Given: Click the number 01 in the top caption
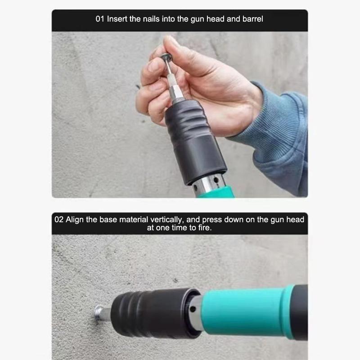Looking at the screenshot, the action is tap(100, 19).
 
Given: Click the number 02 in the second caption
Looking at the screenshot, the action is tap(59, 220).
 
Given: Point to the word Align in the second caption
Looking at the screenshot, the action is tap(75, 220).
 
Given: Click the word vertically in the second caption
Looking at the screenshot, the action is tap(166, 220).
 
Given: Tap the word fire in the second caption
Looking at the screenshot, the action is tap(205, 228).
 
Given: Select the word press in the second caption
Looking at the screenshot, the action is tap(211, 220).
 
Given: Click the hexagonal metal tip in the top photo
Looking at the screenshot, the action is tap(175, 92).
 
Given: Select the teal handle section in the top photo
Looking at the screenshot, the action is tap(216, 193).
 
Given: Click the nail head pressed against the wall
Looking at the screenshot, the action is tap(99, 313).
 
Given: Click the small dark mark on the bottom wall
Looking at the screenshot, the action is tap(175, 280).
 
